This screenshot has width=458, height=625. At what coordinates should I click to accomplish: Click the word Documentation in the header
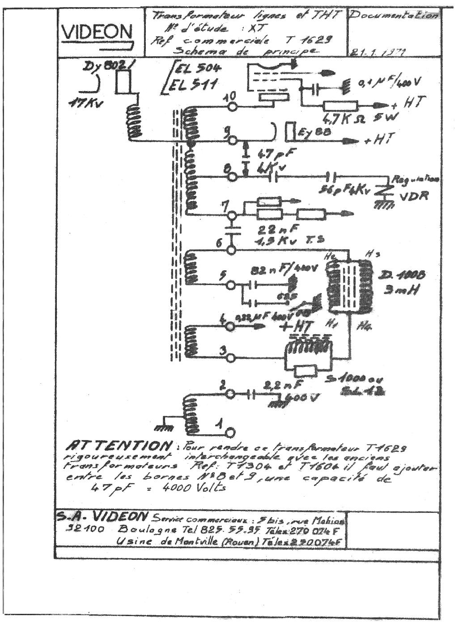[x=393, y=16]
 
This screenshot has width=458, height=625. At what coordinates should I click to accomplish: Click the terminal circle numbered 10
[x=231, y=107]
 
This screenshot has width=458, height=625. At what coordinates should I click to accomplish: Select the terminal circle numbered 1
[x=230, y=432]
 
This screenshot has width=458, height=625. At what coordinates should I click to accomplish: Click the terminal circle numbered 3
[x=231, y=357]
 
